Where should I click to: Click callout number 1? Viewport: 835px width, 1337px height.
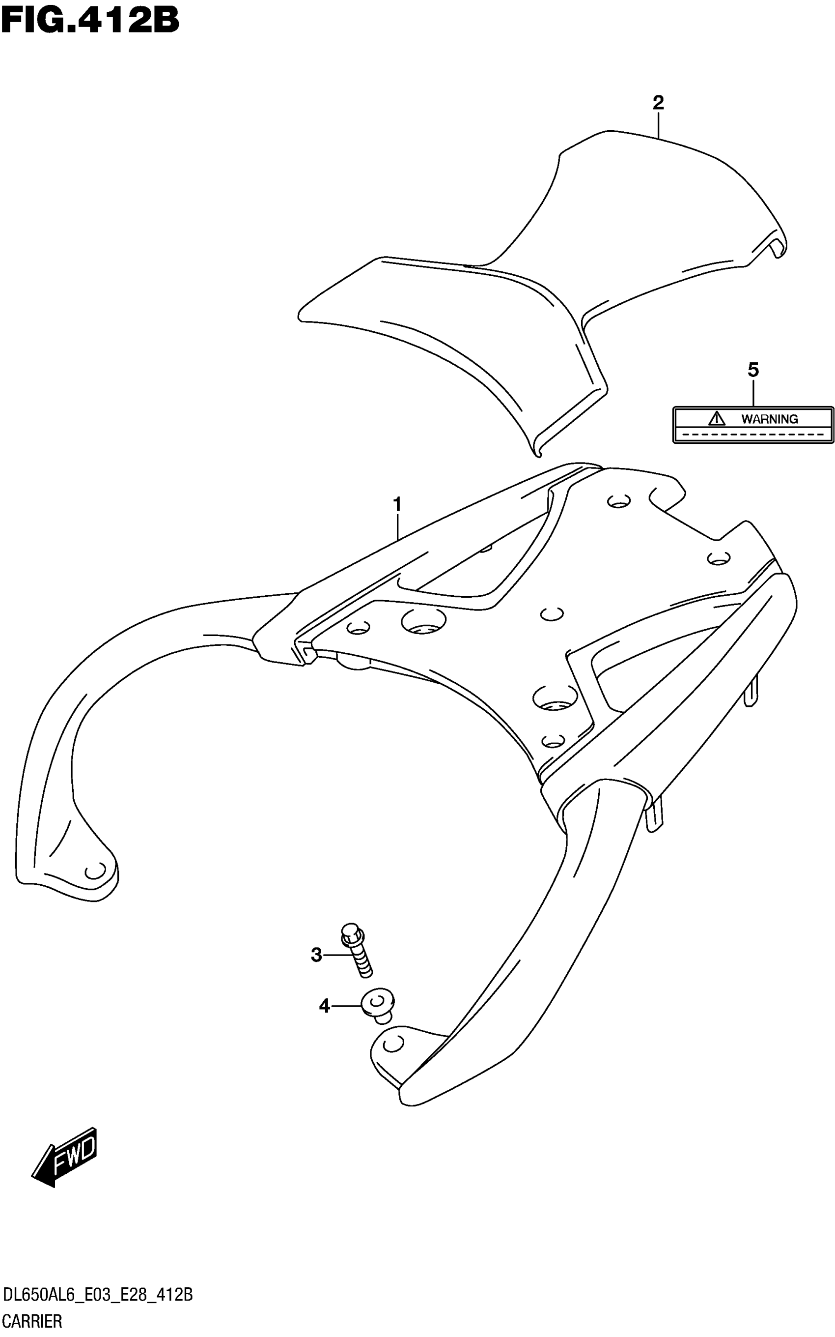396,504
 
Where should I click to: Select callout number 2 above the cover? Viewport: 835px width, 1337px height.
658,102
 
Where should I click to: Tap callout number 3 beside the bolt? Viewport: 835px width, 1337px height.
316,955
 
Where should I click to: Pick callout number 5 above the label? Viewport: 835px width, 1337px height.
753,370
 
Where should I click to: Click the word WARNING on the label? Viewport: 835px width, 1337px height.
769,419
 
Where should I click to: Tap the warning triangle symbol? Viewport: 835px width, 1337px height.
716,418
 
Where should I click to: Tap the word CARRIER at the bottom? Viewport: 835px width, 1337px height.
32,1322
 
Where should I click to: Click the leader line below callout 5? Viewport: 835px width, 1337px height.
753,393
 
